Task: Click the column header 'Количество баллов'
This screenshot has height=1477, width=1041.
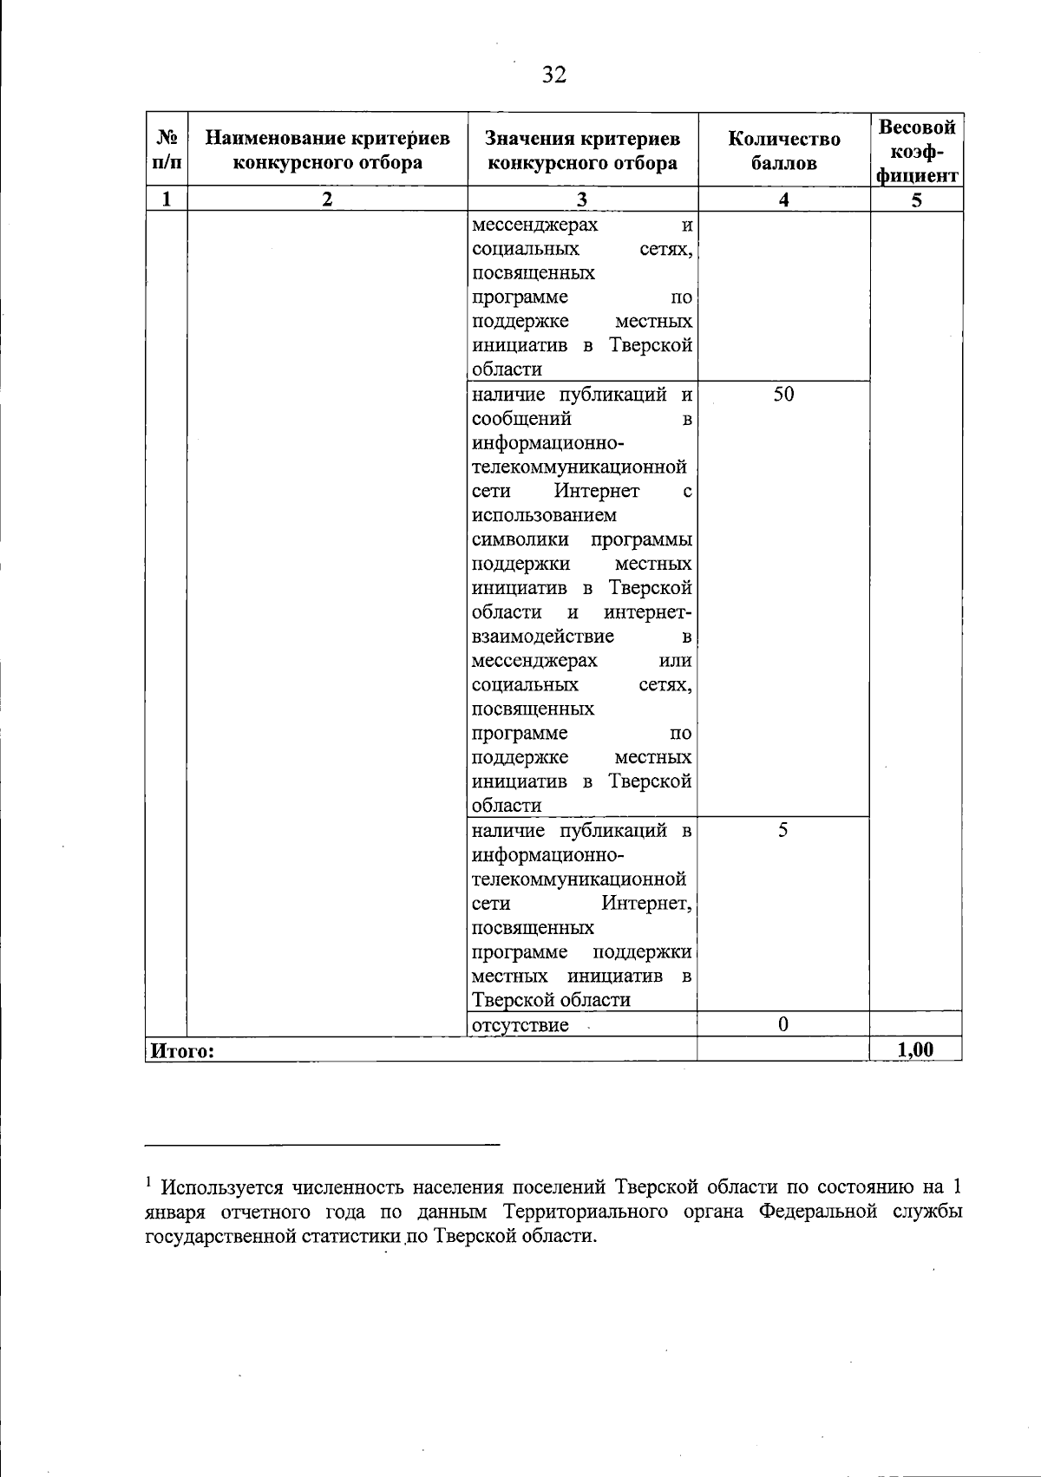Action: click(x=784, y=150)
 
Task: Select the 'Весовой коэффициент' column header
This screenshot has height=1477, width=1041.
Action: click(x=917, y=151)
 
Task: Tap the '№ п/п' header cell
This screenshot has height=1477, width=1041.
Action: click(x=167, y=150)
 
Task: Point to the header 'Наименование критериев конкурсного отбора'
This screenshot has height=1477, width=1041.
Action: click(x=328, y=150)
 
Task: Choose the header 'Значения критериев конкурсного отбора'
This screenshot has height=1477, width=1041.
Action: click(x=582, y=150)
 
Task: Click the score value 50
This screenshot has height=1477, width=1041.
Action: click(x=783, y=395)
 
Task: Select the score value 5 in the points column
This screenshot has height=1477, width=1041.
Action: click(x=783, y=830)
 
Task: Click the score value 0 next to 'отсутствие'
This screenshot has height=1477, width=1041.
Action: click(x=783, y=1024)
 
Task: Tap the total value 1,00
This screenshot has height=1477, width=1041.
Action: click(x=916, y=1049)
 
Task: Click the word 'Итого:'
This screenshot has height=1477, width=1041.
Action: click(x=182, y=1051)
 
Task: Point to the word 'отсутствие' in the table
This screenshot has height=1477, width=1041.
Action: click(x=520, y=1025)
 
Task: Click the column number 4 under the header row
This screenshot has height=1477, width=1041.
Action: click(x=784, y=199)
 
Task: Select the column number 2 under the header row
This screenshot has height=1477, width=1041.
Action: click(x=327, y=199)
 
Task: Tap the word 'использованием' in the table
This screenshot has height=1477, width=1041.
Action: click(x=545, y=515)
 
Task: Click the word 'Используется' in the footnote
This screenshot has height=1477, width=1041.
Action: click(x=220, y=1186)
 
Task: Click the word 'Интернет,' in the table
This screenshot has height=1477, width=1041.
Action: click(x=647, y=903)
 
